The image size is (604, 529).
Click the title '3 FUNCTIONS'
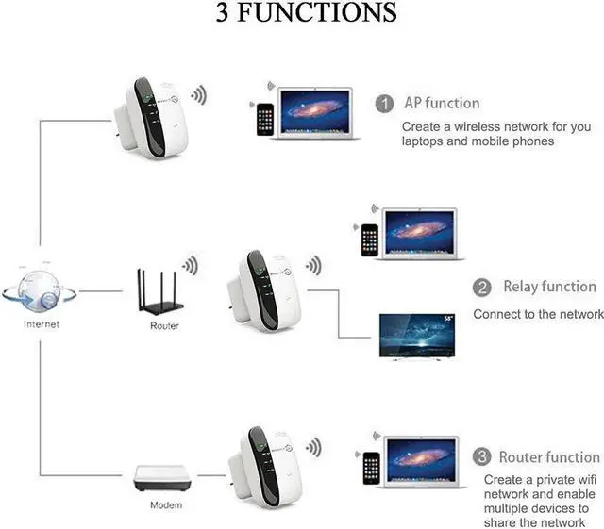click(x=301, y=14)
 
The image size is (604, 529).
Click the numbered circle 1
click(x=384, y=104)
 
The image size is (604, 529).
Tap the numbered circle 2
click(x=482, y=288)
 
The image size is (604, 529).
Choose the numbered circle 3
click(x=482, y=457)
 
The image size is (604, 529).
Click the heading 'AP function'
click(x=442, y=103)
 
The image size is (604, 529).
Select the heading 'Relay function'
click(x=549, y=287)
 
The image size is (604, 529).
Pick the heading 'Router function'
click(x=548, y=457)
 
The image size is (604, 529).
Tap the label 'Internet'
click(x=41, y=324)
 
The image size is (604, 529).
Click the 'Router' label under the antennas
click(x=164, y=325)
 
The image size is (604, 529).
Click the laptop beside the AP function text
click(x=315, y=113)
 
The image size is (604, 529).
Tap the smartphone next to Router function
click(x=371, y=467)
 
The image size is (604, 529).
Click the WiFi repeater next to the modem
click(x=261, y=468)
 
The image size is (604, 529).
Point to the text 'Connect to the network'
click(x=538, y=314)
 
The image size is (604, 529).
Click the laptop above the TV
click(x=419, y=233)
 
